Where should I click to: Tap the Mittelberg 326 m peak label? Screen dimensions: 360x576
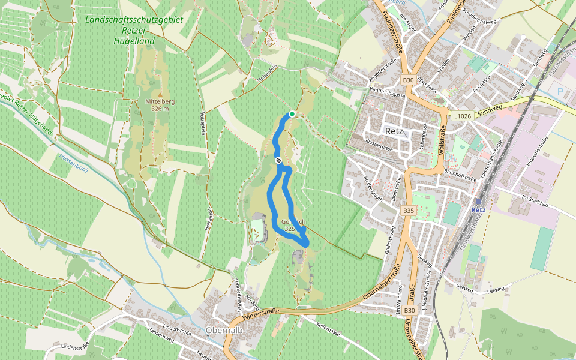[x=160, y=105]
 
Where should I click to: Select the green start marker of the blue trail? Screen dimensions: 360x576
[x=292, y=114]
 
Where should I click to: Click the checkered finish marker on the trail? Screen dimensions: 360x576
[x=278, y=160]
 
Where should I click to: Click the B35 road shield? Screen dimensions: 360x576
[x=409, y=211]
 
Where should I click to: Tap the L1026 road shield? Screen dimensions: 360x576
[x=462, y=115]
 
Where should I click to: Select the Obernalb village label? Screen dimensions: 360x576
[x=223, y=330]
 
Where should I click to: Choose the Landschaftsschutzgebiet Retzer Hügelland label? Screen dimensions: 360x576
[x=134, y=31]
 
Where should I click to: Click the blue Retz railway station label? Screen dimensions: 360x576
[x=478, y=210]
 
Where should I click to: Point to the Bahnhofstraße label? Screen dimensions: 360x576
[x=460, y=172]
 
